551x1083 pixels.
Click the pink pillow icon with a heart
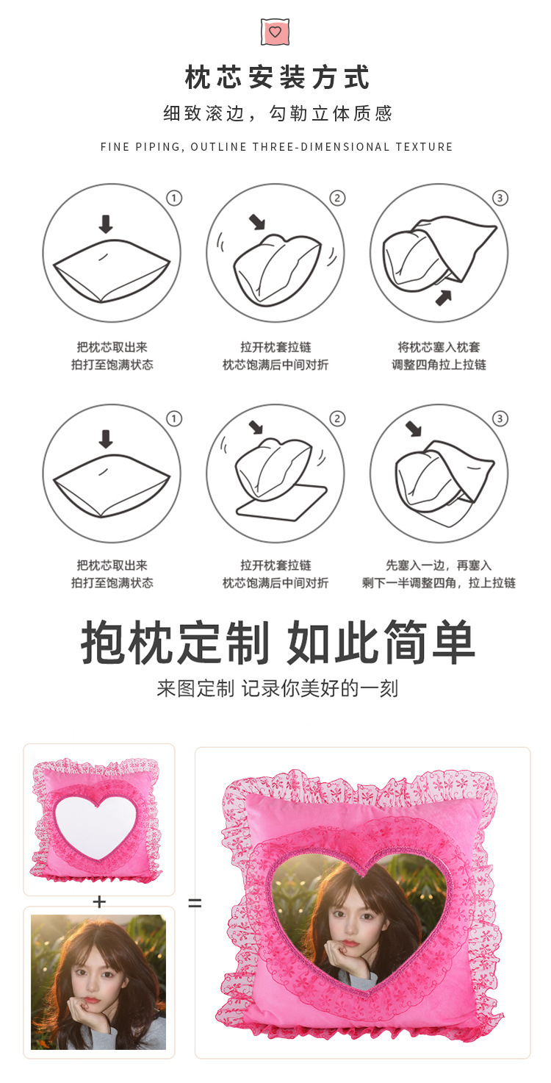275,32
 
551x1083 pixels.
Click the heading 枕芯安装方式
277,77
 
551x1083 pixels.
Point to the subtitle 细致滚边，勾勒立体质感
277,113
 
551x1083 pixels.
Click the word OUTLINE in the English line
218,147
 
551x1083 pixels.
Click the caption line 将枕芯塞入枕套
439,347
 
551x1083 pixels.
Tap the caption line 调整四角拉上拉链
439,365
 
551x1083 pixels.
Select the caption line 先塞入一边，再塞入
439,565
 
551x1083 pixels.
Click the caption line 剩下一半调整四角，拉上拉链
439,583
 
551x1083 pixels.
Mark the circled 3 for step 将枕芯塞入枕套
500,198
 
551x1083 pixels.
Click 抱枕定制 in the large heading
176,643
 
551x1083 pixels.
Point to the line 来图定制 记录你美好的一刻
277,688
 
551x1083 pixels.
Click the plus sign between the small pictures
99,901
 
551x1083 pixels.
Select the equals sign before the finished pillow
194,903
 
